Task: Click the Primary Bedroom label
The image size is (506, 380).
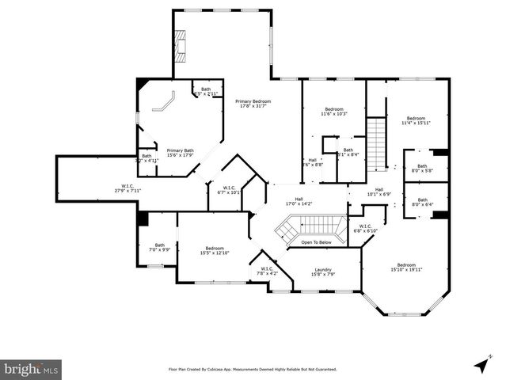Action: tap(253, 104)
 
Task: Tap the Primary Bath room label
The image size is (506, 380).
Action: tap(180, 153)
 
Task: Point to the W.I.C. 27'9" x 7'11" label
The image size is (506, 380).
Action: tap(126, 187)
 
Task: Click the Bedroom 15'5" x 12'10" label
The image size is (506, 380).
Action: tap(215, 250)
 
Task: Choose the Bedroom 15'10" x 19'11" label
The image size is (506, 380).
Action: tap(405, 267)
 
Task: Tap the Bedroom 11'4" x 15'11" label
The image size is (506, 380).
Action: tap(416, 120)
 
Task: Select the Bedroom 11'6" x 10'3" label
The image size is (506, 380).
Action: tap(335, 112)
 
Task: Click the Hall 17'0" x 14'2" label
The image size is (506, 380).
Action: tap(299, 201)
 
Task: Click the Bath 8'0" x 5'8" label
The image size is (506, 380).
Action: tap(421, 168)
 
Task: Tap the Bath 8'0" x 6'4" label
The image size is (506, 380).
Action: tap(421, 202)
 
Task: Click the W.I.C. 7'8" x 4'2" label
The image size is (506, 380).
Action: tap(266, 271)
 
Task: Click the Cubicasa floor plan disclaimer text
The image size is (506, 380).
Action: tap(252, 369)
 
